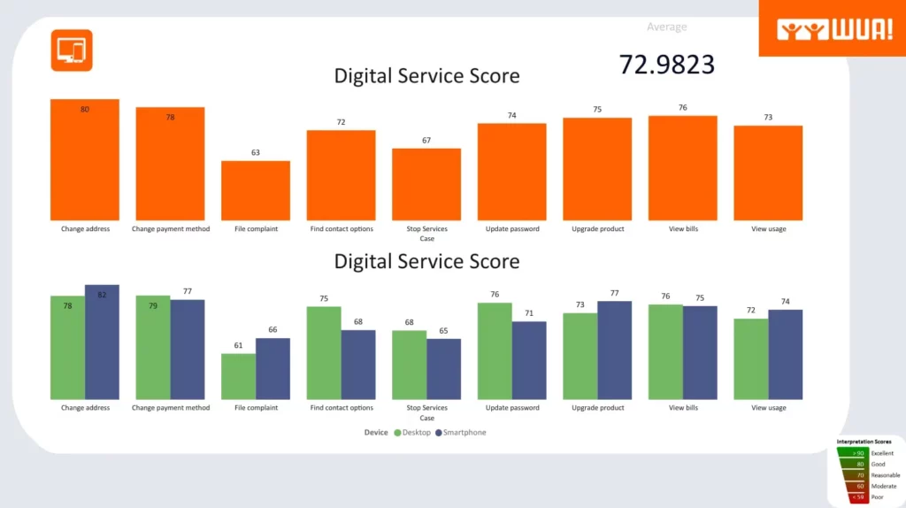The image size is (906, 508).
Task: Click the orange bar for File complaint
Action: pos(256,190)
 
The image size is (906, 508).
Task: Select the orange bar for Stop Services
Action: pos(426,184)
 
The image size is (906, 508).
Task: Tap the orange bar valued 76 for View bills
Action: pos(682,168)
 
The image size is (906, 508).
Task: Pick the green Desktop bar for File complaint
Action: pos(238,377)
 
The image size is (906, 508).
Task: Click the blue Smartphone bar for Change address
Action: pos(102,343)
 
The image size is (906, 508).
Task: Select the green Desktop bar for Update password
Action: pos(495,351)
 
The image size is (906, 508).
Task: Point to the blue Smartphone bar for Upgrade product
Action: pos(615,350)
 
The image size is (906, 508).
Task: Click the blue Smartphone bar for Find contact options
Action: pos(358,365)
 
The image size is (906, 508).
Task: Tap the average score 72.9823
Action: pos(667,64)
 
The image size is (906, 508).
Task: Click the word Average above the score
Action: pos(667,27)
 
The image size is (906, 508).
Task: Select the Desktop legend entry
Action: pos(412,433)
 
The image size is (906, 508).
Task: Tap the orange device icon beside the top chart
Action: pos(72,50)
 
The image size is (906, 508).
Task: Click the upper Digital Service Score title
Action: pos(426,75)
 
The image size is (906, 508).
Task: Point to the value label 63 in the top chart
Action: pos(256,152)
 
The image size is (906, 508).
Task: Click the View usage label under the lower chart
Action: pos(768,408)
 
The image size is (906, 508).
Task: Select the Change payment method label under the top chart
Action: pos(171,229)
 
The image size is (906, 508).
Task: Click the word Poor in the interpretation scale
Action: pos(877,497)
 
